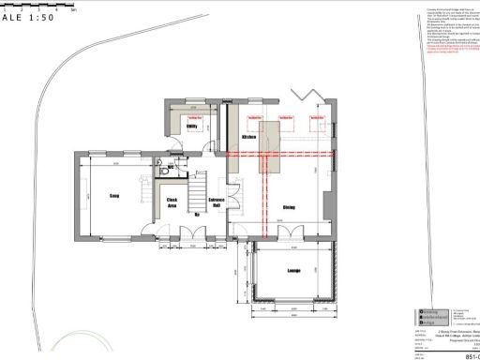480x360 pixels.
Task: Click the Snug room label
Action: coord(113,196)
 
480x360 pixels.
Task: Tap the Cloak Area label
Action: coord(172,202)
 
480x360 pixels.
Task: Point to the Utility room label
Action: coord(190,126)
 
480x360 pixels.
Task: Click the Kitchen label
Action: coord(249,138)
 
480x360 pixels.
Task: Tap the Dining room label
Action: coord(290,207)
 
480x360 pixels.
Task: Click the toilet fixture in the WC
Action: coord(163,169)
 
